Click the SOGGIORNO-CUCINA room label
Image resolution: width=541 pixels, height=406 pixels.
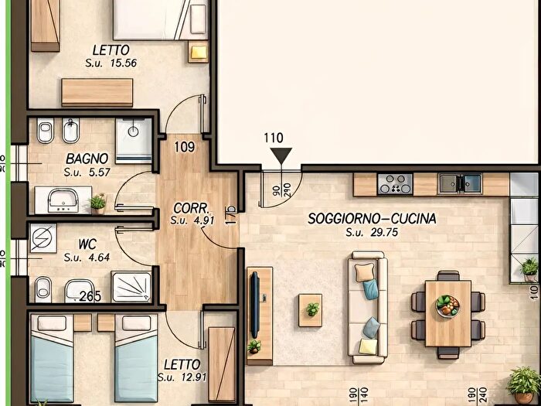click(372, 219)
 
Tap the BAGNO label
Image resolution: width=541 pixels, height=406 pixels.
click(87, 159)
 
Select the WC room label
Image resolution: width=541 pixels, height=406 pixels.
click(87, 244)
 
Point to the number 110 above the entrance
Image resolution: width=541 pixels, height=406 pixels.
click(274, 138)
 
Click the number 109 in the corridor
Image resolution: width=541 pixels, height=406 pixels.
click(184, 146)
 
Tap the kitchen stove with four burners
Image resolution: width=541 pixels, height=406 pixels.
click(395, 184)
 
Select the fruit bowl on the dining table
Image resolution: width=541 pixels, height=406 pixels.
click(447, 307)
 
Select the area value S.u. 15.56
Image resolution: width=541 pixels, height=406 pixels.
click(111, 63)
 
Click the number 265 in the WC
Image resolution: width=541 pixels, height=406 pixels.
click(90, 296)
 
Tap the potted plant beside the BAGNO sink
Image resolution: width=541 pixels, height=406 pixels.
click(97, 203)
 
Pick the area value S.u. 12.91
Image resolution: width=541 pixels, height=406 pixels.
click(182, 377)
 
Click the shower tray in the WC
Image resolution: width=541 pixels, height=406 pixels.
click(134, 286)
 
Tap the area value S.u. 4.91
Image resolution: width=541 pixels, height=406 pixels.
click(189, 220)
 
